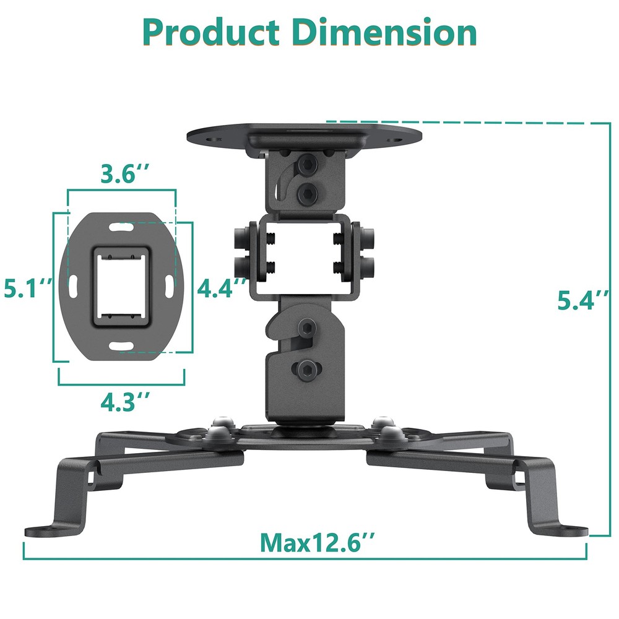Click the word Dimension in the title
tap(384, 32)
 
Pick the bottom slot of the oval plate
tap(121, 342)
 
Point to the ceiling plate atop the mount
tap(303, 134)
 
